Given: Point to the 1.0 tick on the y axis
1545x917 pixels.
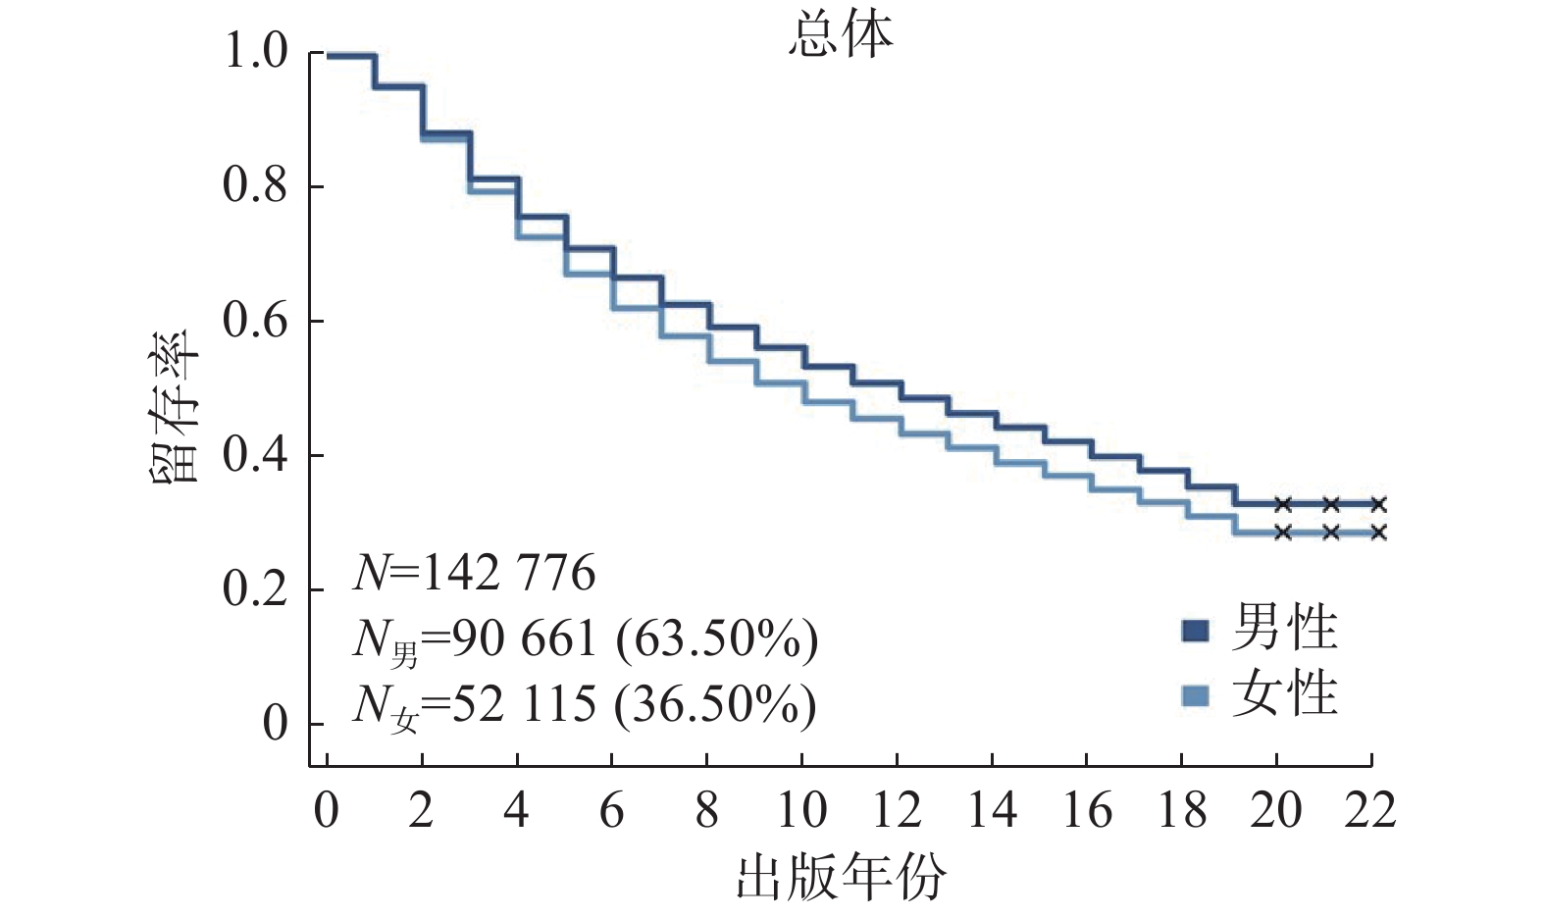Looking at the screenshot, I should point(256,52).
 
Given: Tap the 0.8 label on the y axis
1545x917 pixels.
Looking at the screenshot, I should point(256,186).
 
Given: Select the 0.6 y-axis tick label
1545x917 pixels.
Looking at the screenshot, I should point(256,321).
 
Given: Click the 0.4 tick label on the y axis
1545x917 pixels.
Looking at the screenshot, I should point(256,455).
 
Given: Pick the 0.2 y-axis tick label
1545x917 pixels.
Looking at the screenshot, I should point(256,589).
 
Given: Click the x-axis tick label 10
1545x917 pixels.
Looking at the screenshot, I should point(801,811).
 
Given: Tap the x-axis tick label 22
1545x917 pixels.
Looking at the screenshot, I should point(1370,811).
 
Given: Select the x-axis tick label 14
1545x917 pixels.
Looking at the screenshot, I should point(991,811).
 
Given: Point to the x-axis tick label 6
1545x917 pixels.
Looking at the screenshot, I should point(611,811).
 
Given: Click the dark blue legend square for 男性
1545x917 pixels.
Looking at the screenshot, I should point(1195,631).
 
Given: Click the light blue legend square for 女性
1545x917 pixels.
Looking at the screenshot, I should point(1195,696).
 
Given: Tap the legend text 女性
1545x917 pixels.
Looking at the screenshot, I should point(1285,694).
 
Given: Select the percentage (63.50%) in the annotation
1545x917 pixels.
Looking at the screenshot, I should point(717,639).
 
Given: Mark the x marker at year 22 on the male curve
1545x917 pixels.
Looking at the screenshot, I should point(1378,504).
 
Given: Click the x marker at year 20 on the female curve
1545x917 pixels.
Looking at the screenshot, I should point(1283,533).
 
